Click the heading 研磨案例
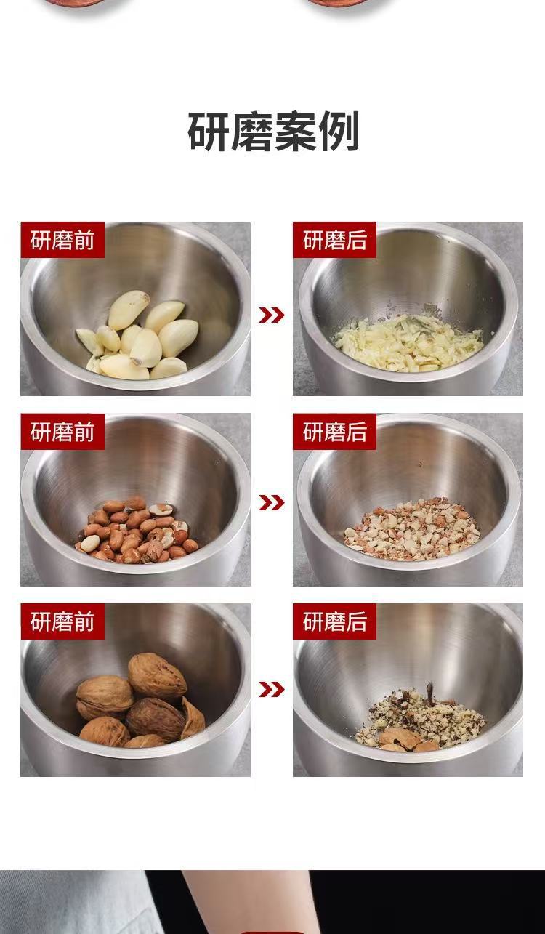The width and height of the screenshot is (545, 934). coord(273,132)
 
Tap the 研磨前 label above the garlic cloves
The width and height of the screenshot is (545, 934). coord(62,240)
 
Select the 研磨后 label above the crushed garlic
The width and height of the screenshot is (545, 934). coord(334,240)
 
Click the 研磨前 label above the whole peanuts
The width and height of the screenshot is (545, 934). coord(62,432)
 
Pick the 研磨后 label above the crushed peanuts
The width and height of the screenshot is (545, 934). coord(334,432)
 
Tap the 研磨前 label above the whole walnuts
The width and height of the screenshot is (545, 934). coord(62,621)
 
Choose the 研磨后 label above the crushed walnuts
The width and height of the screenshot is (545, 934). coord(334,621)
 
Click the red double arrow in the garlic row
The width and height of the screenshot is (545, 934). coord(272,315)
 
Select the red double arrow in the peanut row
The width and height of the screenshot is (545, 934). coord(272,502)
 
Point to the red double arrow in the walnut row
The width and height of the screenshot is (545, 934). coord(272,690)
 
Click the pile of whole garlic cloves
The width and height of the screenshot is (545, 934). coord(137,336)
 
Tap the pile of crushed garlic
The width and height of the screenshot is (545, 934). coord(408,342)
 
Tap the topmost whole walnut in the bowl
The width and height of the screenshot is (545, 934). coord(157,677)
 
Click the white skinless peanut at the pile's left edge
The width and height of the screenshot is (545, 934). coord(90,543)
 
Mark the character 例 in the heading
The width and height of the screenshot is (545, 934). coord(339,132)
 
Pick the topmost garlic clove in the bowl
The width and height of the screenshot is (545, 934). coord(128,310)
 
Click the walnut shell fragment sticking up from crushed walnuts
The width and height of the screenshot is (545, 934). coord(429,693)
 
